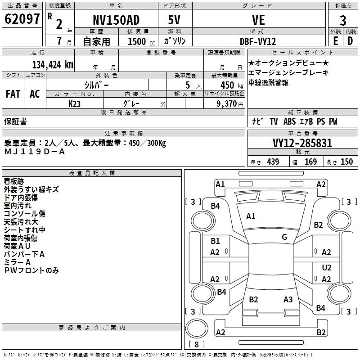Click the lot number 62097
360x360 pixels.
pyautogui.click(x=22, y=19)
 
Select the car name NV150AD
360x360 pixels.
pyautogui.click(x=116, y=20)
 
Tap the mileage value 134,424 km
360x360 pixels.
pyautogui.click(x=53, y=65)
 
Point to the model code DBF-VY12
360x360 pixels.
pyautogui.click(x=258, y=41)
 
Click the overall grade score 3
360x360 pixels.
pyautogui.click(x=343, y=21)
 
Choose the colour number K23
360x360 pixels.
pyautogui.click(x=74, y=104)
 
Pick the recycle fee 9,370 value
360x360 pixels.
pyautogui.click(x=227, y=104)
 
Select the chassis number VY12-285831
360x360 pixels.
pyautogui.click(x=302, y=143)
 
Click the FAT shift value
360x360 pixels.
pyautogui.click(x=13, y=94)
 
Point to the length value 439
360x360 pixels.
pyautogui.click(x=273, y=162)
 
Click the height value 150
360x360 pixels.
pyautogui.click(x=346, y=162)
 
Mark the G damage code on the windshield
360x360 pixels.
pyautogui.click(x=284, y=237)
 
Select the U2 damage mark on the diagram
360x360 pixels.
pyautogui.click(x=327, y=267)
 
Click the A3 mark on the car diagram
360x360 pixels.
pyautogui.click(x=288, y=299)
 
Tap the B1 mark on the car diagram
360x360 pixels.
pyautogui.click(x=215, y=241)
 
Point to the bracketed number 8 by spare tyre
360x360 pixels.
pyautogui.click(x=197, y=344)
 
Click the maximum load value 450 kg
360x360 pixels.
pyautogui.click(x=232, y=85)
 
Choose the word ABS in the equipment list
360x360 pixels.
pyautogui.click(x=289, y=121)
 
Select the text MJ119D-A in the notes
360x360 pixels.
pyautogui.click(x=35, y=152)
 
